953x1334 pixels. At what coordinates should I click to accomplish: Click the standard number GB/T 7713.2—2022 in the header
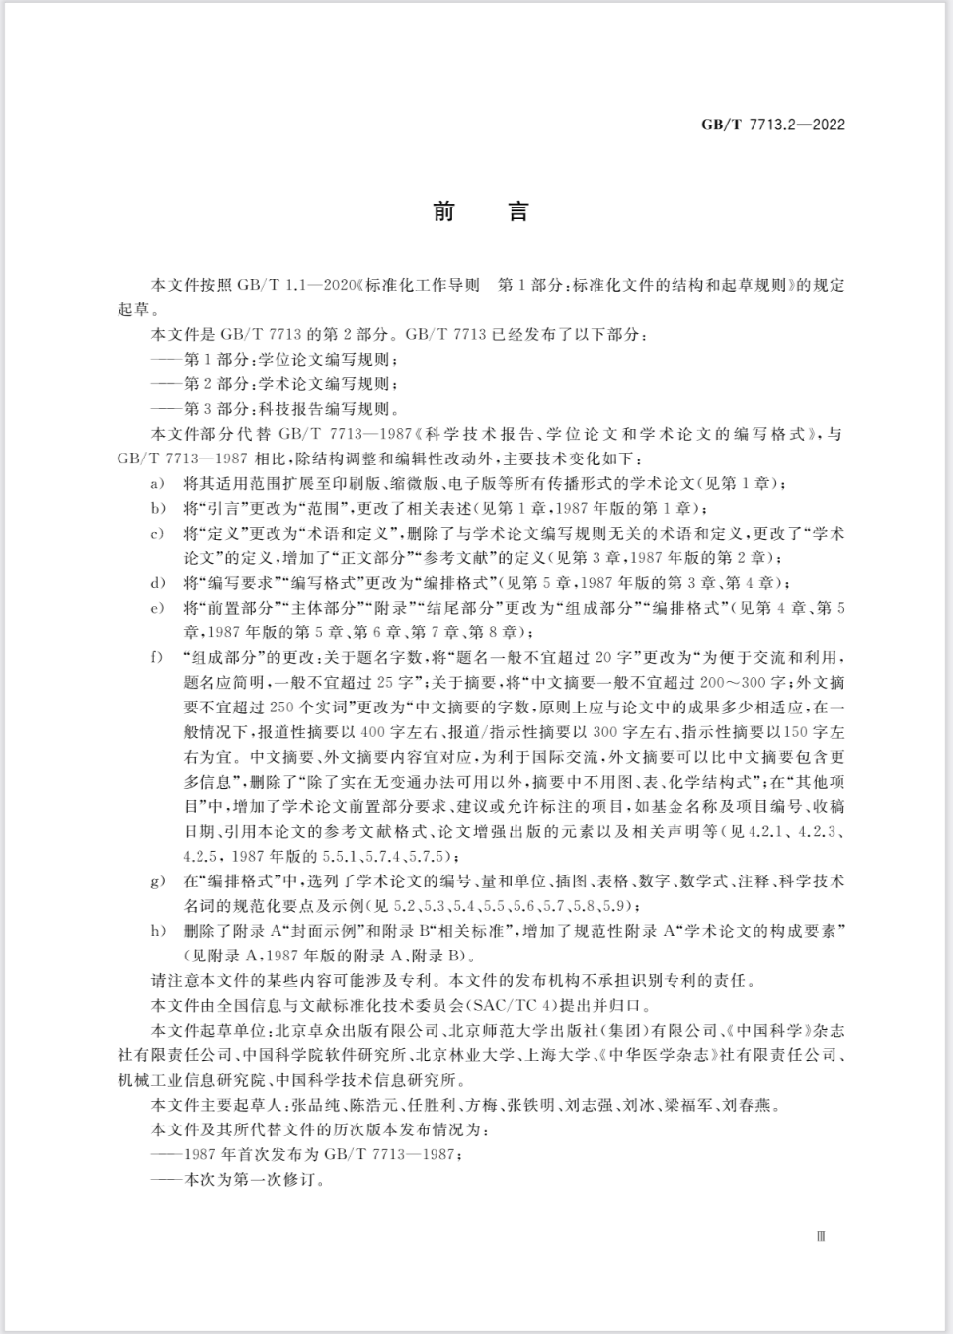772,125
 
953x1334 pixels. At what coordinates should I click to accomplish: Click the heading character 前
443,211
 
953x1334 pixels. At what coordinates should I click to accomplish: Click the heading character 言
516,211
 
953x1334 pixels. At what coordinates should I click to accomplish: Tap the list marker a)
156,483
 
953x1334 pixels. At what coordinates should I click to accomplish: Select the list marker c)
156,534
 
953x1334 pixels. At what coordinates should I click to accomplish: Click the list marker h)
156,931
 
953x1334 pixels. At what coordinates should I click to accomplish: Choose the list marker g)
156,880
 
